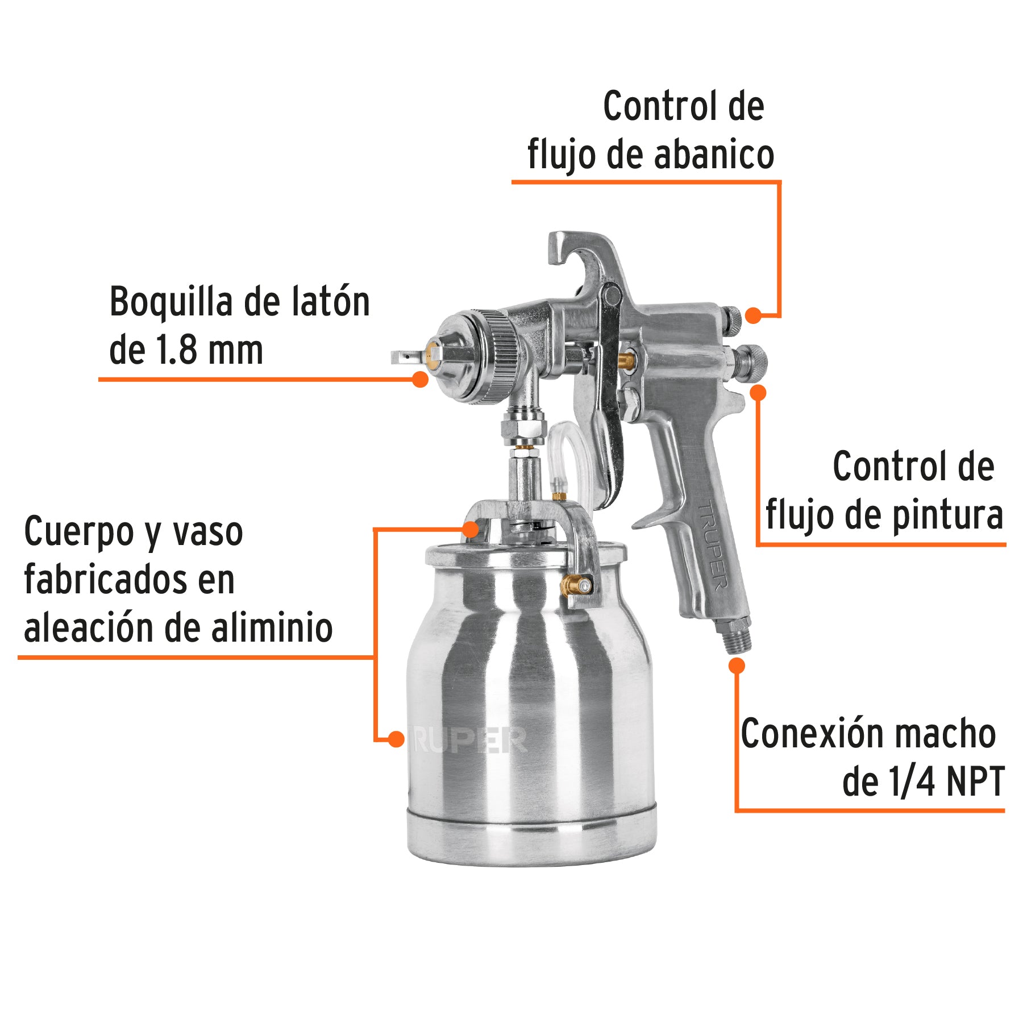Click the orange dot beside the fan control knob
[753, 315]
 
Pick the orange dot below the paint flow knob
[758, 392]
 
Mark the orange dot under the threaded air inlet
[737, 666]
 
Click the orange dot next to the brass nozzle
[419, 379]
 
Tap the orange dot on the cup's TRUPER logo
[396, 739]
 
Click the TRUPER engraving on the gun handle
[713, 546]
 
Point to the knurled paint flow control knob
[753, 360]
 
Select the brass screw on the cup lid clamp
[574, 583]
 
